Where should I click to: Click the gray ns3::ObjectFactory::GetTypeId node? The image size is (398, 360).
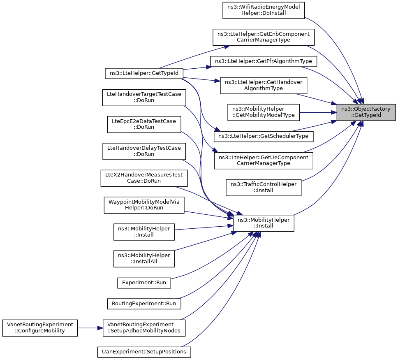tap(366, 112)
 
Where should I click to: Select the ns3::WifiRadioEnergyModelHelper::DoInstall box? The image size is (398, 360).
tap(264, 10)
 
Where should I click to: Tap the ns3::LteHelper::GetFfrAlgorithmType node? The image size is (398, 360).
tap(264, 61)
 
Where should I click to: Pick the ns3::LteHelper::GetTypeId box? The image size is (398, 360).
tap(144, 73)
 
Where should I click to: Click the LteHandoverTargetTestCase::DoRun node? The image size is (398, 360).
tap(144, 98)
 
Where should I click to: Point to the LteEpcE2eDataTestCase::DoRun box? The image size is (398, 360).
tap(144, 125)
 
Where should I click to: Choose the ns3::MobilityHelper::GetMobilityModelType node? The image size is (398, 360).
tap(264, 112)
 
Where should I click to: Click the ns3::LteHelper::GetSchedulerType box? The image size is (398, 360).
tap(264, 137)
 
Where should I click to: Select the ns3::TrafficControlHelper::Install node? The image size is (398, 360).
tap(264, 188)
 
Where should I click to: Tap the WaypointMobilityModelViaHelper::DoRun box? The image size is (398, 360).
tap(144, 205)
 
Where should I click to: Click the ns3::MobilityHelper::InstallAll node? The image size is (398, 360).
tap(144, 259)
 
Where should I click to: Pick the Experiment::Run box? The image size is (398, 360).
tap(144, 283)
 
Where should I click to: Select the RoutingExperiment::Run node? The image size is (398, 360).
tap(144, 304)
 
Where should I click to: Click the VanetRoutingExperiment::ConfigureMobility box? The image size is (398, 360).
tap(40, 328)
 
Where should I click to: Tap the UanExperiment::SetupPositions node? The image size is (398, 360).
tap(144, 352)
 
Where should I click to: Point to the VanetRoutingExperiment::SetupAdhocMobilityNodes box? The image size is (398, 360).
tap(144, 328)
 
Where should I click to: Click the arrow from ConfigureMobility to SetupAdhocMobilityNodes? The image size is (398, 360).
tap(90, 328)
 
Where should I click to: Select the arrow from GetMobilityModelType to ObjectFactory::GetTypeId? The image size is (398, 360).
tap(318, 112)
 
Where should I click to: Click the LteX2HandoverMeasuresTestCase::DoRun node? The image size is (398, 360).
tap(144, 178)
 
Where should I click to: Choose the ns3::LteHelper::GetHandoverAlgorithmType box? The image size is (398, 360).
tap(264, 85)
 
